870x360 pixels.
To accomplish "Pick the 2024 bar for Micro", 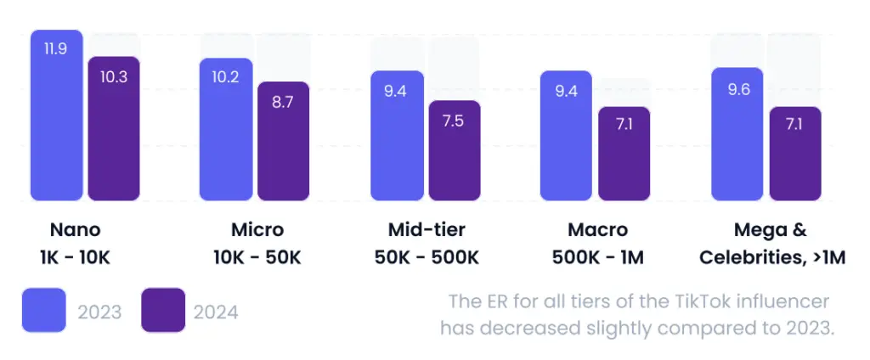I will point(283,141).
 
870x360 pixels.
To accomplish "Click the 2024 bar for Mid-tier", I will point(454,150).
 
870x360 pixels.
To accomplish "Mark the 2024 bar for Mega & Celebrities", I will point(795,154).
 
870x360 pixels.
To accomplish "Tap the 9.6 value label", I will point(738,88).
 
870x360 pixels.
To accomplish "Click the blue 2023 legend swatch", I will point(43,311).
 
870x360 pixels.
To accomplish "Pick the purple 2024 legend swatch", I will point(162,311).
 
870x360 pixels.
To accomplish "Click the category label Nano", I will point(75,230).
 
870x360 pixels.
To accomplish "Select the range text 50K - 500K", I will point(427,257).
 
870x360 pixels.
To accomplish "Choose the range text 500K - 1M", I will point(597,257).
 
